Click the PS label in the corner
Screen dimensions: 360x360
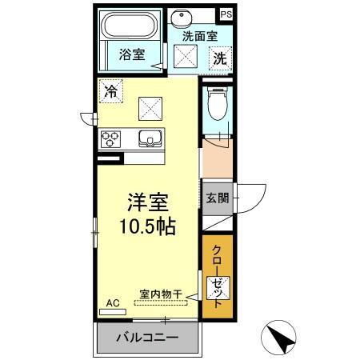(x=226, y=14)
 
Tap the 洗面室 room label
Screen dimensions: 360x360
(x=200, y=35)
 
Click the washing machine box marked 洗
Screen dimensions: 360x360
(x=220, y=58)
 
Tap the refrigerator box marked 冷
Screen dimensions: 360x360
(x=110, y=90)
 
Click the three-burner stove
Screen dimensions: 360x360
(x=110, y=138)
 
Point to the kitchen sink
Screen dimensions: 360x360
(x=150, y=138)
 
